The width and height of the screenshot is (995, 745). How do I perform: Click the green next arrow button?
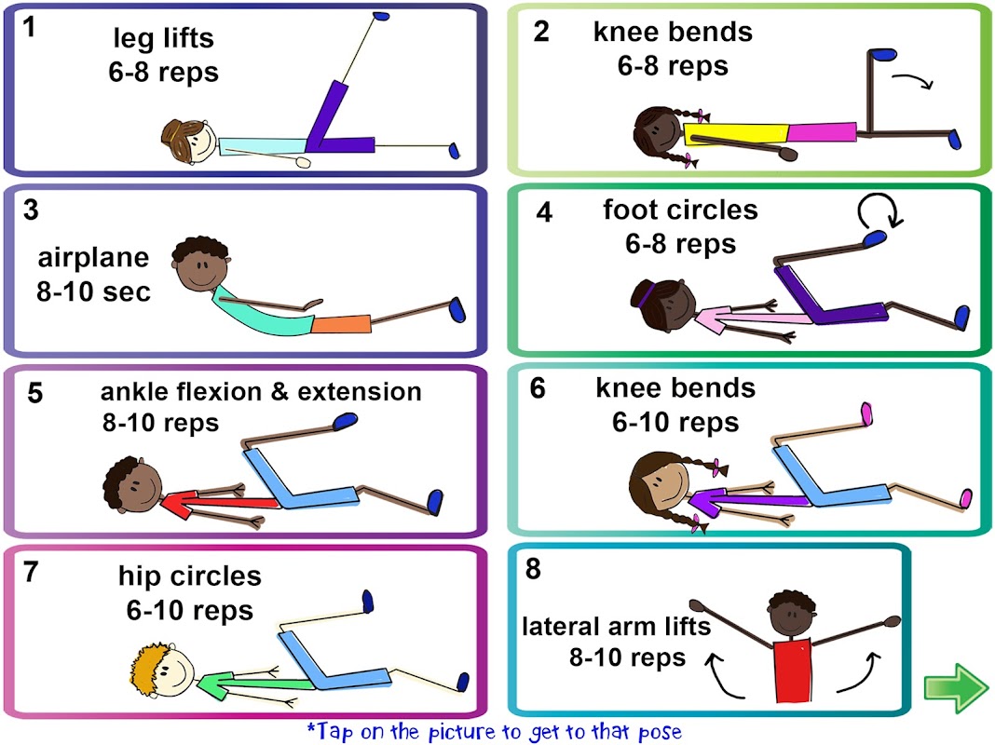(x=955, y=688)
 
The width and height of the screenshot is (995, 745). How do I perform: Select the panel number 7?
(x=31, y=572)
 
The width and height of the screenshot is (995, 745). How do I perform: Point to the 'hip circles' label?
(x=190, y=576)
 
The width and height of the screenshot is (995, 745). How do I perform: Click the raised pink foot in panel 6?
(x=866, y=411)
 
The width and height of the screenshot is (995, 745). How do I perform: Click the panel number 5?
(x=35, y=392)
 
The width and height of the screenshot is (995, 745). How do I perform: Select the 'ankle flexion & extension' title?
(x=261, y=391)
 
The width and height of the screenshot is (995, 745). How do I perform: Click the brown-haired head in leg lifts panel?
(x=190, y=142)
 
